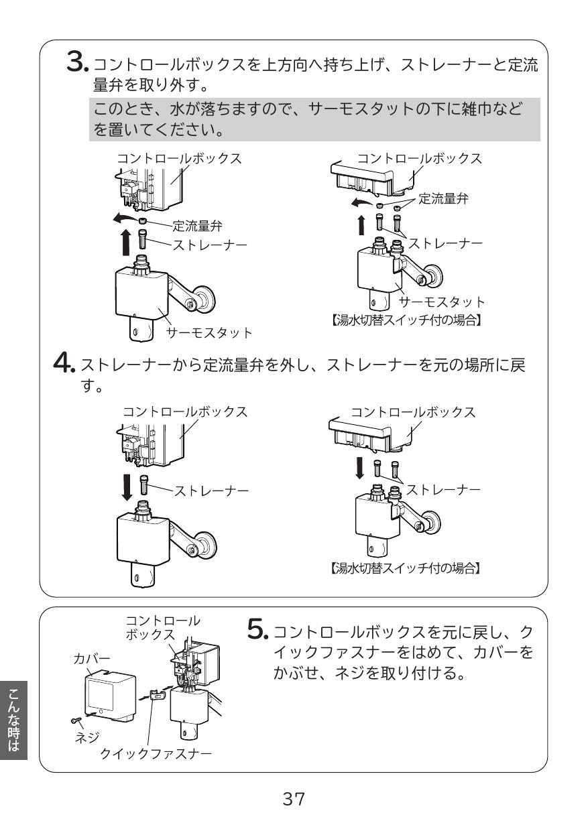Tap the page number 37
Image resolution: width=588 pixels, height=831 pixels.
(294, 799)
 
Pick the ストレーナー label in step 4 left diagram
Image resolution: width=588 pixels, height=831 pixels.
(211, 492)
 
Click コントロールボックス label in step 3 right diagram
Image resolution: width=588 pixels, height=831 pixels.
(419, 159)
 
